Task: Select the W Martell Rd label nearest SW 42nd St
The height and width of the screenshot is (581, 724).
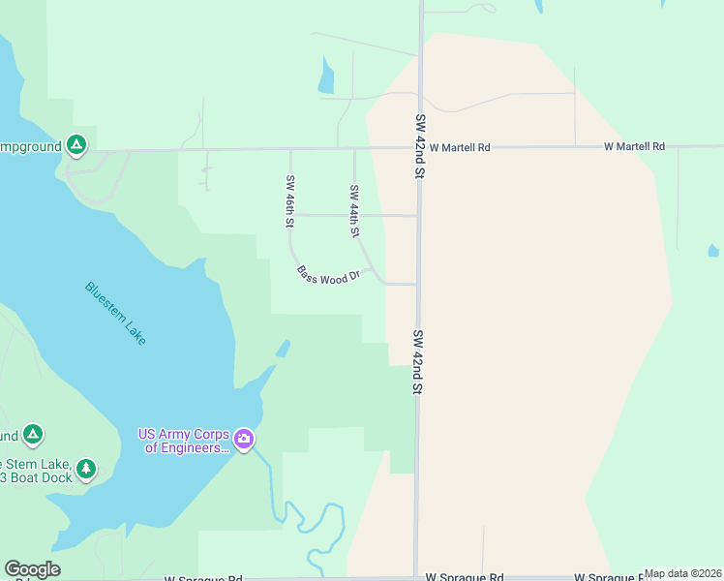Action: tap(460, 147)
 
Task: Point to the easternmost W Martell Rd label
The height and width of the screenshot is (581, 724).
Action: tap(634, 146)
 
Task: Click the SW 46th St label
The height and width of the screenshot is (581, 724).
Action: tap(289, 200)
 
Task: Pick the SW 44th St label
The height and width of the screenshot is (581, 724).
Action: tap(354, 211)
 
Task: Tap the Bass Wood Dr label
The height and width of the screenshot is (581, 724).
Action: tap(328, 275)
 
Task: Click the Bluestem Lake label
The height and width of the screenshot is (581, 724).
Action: tap(115, 313)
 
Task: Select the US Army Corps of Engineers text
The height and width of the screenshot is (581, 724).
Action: tap(185, 441)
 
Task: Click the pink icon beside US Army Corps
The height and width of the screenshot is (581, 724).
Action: tap(244, 441)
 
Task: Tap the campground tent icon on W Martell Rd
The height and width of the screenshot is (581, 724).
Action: tap(77, 146)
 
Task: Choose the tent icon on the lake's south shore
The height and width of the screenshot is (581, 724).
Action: tap(33, 435)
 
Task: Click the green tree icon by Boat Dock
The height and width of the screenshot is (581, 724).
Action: tap(86, 470)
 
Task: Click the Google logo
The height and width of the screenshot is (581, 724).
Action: tap(32, 569)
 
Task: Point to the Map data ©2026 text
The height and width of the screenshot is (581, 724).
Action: tap(682, 573)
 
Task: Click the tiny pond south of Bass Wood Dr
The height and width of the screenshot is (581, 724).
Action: tap(283, 349)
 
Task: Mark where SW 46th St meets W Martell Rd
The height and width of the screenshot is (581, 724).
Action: tap(290, 149)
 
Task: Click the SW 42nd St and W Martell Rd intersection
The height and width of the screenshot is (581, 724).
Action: tap(420, 148)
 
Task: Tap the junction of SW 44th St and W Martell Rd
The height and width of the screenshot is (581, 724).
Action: tap(354, 149)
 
